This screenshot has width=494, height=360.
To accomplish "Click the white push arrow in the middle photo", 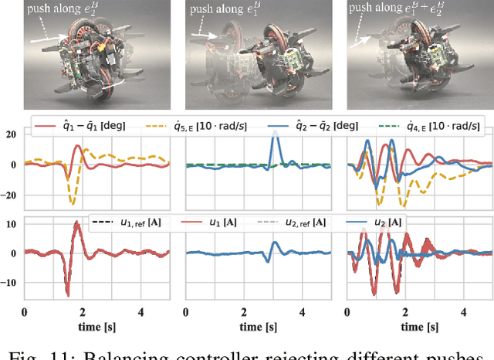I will tap(205, 36).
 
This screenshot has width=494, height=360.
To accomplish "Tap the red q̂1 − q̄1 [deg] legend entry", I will tap(85, 126).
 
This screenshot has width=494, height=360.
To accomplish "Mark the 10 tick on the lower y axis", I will tap(11, 224).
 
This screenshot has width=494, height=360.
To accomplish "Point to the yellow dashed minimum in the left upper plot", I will tap(72, 204).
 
